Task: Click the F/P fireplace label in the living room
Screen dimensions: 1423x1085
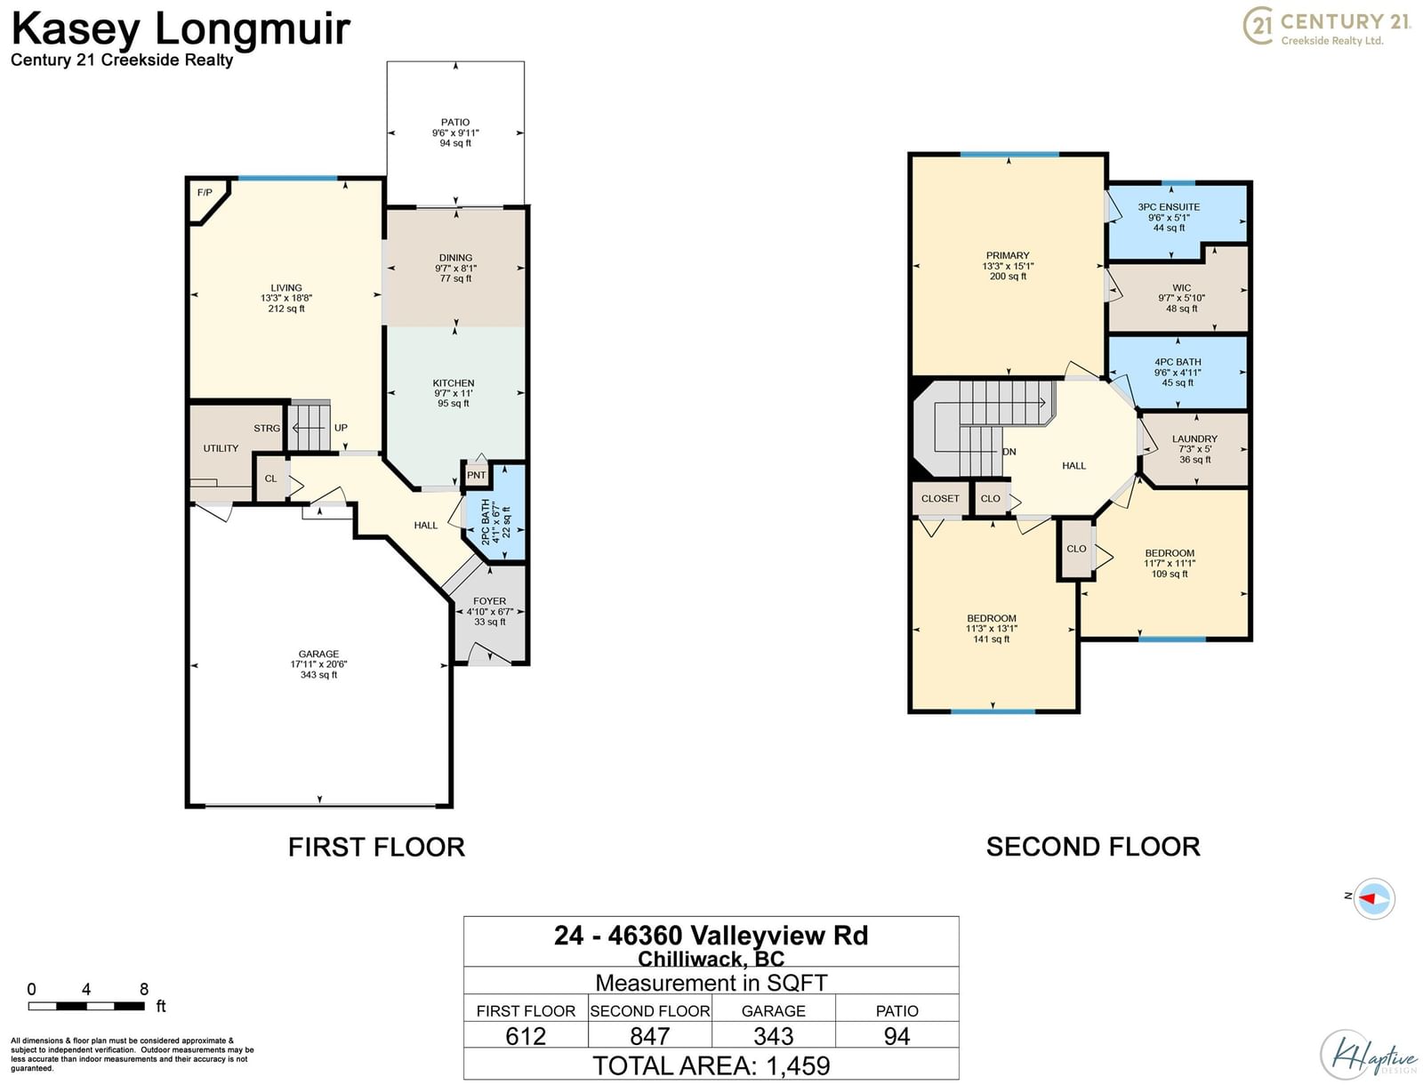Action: tap(205, 192)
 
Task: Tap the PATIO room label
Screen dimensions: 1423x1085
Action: tap(455, 122)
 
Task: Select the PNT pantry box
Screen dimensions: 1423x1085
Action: tap(476, 475)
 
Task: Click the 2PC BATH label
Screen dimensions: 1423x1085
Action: tap(486, 521)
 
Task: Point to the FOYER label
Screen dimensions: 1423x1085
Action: tap(489, 601)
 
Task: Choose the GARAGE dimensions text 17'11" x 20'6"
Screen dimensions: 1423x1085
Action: tap(318, 663)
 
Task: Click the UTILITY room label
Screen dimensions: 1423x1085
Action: tap(221, 448)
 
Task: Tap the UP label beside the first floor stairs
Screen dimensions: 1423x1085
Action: tap(341, 428)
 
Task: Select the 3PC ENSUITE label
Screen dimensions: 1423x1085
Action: tap(1169, 206)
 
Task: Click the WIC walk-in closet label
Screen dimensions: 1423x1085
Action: tap(1181, 287)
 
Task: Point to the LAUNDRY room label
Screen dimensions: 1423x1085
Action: tap(1194, 438)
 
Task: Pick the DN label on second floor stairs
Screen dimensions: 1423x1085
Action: tap(1009, 452)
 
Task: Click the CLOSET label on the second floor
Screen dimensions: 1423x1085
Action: tap(939, 498)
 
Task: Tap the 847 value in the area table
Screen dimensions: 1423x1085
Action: tap(649, 1036)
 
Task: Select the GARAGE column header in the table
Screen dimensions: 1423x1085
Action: tap(774, 1010)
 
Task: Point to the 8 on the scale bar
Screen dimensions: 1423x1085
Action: tap(144, 989)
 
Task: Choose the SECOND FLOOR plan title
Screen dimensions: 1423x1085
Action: tap(1093, 847)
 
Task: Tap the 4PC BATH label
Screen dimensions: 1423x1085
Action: tap(1178, 362)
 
